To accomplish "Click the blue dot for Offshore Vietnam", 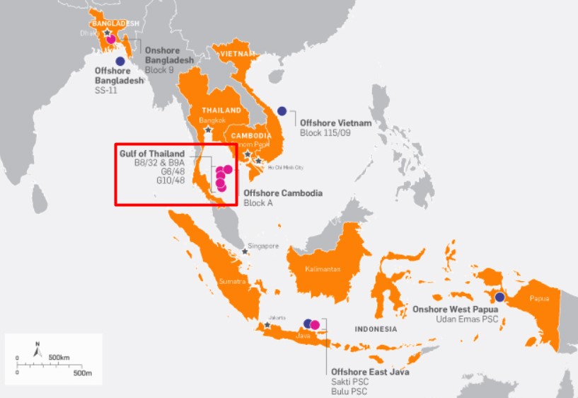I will coord(282,110).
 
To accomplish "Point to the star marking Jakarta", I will coord(267,325).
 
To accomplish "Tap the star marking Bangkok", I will coord(208,130).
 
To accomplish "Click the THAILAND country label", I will coord(221,110).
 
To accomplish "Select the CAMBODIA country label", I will coord(250,135).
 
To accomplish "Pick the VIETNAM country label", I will coord(238,53).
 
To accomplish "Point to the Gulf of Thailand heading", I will coord(151,154).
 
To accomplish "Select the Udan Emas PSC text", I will coord(466,319).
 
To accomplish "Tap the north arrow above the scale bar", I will coord(38,349).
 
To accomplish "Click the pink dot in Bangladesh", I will coord(110,39).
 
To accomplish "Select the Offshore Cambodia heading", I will coord(283,193).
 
